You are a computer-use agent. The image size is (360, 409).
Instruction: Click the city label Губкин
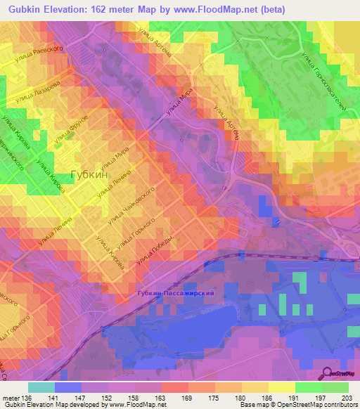pyautogui.click(x=89, y=177)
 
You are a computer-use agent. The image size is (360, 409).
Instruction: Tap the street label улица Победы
pyautogui.click(x=155, y=255)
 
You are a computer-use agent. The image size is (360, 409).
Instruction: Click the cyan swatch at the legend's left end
pyautogui.click(x=41, y=387)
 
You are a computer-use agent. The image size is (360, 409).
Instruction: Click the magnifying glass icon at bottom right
pyautogui.click(x=326, y=372)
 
